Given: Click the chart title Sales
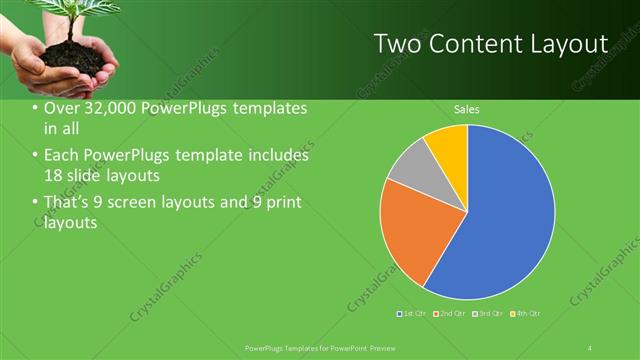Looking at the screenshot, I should tap(467, 108).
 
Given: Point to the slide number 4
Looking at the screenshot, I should tap(590, 347).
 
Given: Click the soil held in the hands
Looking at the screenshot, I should tap(75, 60).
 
